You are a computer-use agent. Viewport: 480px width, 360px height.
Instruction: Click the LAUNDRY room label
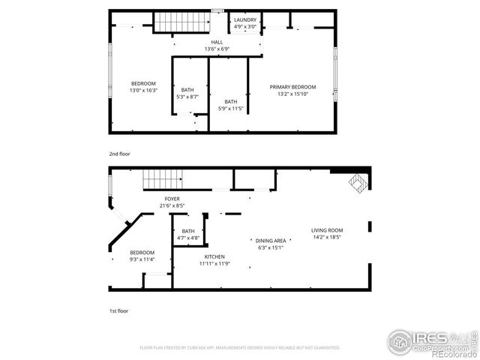click(245, 20)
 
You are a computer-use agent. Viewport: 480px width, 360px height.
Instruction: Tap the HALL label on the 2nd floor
click(217, 42)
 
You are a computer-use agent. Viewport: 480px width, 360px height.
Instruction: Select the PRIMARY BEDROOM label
click(292, 87)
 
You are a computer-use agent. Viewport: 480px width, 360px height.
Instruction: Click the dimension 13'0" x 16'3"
click(143, 90)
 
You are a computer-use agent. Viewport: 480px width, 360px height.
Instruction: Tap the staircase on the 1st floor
click(163, 179)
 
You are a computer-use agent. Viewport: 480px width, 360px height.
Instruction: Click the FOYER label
click(172, 199)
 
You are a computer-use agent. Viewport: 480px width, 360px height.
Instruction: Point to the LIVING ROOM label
click(327, 230)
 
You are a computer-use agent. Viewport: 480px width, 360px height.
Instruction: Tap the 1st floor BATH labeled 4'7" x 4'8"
click(187, 231)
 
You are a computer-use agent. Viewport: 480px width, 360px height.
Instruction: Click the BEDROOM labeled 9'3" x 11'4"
click(142, 253)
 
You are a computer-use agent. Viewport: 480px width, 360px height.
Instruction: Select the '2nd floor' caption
click(120, 154)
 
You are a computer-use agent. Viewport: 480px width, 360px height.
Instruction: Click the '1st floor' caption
click(118, 310)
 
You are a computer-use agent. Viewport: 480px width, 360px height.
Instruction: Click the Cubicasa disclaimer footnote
click(240, 348)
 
